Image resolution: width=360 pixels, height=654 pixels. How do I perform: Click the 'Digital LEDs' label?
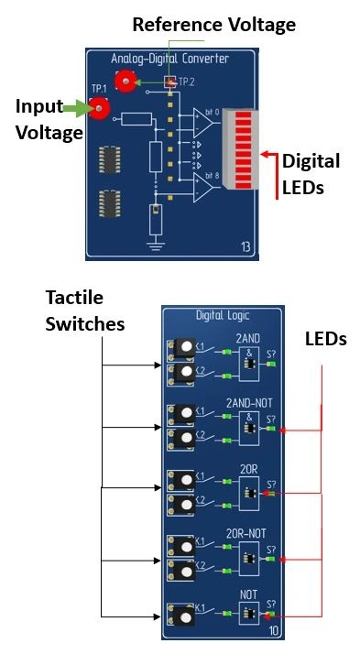310,173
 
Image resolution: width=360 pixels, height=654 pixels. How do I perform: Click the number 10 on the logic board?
273,631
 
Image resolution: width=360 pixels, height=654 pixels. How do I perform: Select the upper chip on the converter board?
110,161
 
